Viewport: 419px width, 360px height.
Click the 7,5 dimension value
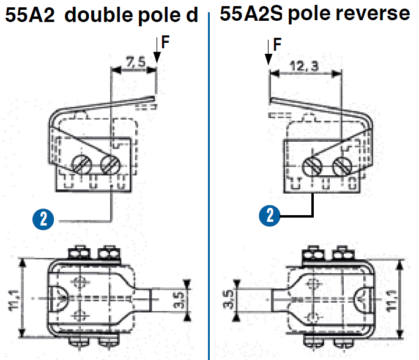coord(136,62)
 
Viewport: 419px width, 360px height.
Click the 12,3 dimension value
coord(305,66)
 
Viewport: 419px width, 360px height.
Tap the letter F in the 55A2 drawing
coord(165,42)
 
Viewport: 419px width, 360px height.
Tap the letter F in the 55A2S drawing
coord(277,44)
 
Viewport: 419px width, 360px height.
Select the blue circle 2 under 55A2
coord(43,219)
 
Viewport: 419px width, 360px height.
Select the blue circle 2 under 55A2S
coord(270,216)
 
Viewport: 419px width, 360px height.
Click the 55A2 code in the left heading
coord(30,15)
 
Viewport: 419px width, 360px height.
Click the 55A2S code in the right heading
coord(251,13)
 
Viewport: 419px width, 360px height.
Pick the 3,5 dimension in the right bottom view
coord(229,299)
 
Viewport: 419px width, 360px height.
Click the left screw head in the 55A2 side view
coord(82,164)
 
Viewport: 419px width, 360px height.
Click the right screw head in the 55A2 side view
coord(110,164)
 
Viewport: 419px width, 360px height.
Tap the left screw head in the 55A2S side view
coord(312,166)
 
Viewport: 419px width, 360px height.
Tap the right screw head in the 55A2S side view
coord(343,166)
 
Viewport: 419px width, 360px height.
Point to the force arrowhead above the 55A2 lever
coord(157,58)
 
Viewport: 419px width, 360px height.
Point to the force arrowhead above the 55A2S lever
coord(269,59)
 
